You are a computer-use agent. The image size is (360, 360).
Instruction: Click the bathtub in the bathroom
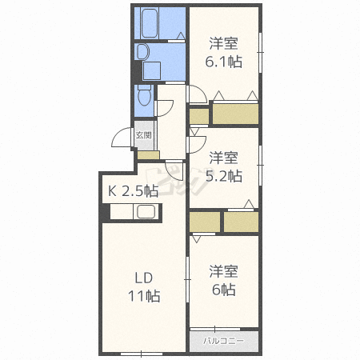pos(149,23)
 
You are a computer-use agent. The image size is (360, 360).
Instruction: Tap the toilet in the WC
pos(145,95)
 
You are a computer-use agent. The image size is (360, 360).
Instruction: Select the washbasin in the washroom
pos(142,52)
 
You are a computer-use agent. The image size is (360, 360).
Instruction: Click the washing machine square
pos(151,70)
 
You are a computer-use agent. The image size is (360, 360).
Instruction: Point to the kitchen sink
pos(146,211)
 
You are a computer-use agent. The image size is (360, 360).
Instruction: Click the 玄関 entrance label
pos(144,135)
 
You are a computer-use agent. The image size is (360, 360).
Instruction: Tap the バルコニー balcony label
pos(223,341)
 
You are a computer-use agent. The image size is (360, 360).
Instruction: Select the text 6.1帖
pos(223,62)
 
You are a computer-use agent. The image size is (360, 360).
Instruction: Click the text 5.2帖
pos(224,176)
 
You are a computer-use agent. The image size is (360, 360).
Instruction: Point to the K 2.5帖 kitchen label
pos(133,191)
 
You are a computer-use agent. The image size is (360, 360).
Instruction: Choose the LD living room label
pos(144,278)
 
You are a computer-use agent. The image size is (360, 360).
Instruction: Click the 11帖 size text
pos(144,296)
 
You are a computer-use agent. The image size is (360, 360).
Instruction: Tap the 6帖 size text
pos(224,290)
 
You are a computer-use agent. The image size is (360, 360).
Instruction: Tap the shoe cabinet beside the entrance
pos(148,155)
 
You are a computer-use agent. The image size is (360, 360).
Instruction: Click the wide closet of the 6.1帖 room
pos(235,114)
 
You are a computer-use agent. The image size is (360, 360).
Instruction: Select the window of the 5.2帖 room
pos(260,166)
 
